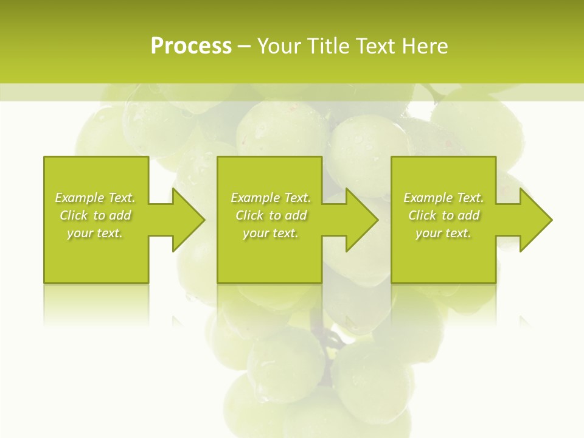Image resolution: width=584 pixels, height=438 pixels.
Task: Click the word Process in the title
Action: pyautogui.click(x=191, y=46)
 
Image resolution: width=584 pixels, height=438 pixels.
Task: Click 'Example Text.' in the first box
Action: pyautogui.click(x=95, y=198)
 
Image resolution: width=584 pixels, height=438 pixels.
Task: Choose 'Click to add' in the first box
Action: pyautogui.click(x=95, y=215)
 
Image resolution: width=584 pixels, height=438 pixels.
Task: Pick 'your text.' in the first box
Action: pyautogui.click(x=95, y=233)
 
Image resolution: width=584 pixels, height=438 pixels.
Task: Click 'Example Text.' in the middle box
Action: pyautogui.click(x=271, y=198)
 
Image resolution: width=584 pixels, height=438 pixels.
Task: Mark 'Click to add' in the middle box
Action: pyautogui.click(x=271, y=215)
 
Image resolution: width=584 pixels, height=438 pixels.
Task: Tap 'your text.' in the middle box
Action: pyautogui.click(x=271, y=233)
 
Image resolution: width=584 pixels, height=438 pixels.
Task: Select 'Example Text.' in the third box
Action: pyautogui.click(x=443, y=198)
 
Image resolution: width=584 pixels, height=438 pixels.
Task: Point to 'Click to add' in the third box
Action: pyautogui.click(x=443, y=215)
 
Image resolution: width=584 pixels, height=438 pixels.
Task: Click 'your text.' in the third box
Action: pyautogui.click(x=443, y=233)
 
